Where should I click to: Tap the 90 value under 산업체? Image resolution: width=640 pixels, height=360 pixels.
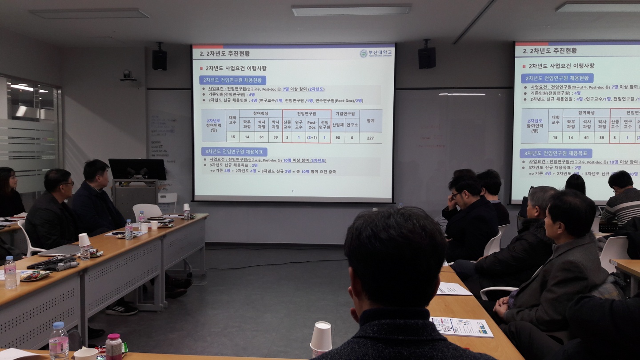[x=338, y=138]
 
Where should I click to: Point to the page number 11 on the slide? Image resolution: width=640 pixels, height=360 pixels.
[x=293, y=192]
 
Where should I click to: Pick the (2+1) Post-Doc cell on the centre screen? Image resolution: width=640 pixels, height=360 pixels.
[x=312, y=138]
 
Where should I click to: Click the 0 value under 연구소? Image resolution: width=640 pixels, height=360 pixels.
[x=352, y=138]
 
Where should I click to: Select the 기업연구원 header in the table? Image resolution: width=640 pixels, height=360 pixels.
[x=345, y=114]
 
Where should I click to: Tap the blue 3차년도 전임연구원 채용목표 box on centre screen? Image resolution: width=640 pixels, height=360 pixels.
[x=234, y=152]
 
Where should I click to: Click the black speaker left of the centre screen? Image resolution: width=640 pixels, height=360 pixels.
[x=160, y=59]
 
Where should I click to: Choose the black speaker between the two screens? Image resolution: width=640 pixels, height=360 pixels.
[x=427, y=57]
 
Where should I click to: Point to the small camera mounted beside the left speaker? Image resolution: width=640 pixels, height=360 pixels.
[x=128, y=76]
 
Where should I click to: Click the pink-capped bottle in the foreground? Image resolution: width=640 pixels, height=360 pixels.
[x=113, y=346]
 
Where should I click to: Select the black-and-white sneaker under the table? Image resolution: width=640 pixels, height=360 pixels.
[x=121, y=309]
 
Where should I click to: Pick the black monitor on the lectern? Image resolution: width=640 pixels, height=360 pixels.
[x=137, y=169]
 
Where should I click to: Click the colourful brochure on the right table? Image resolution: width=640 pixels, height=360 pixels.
[x=462, y=327]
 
